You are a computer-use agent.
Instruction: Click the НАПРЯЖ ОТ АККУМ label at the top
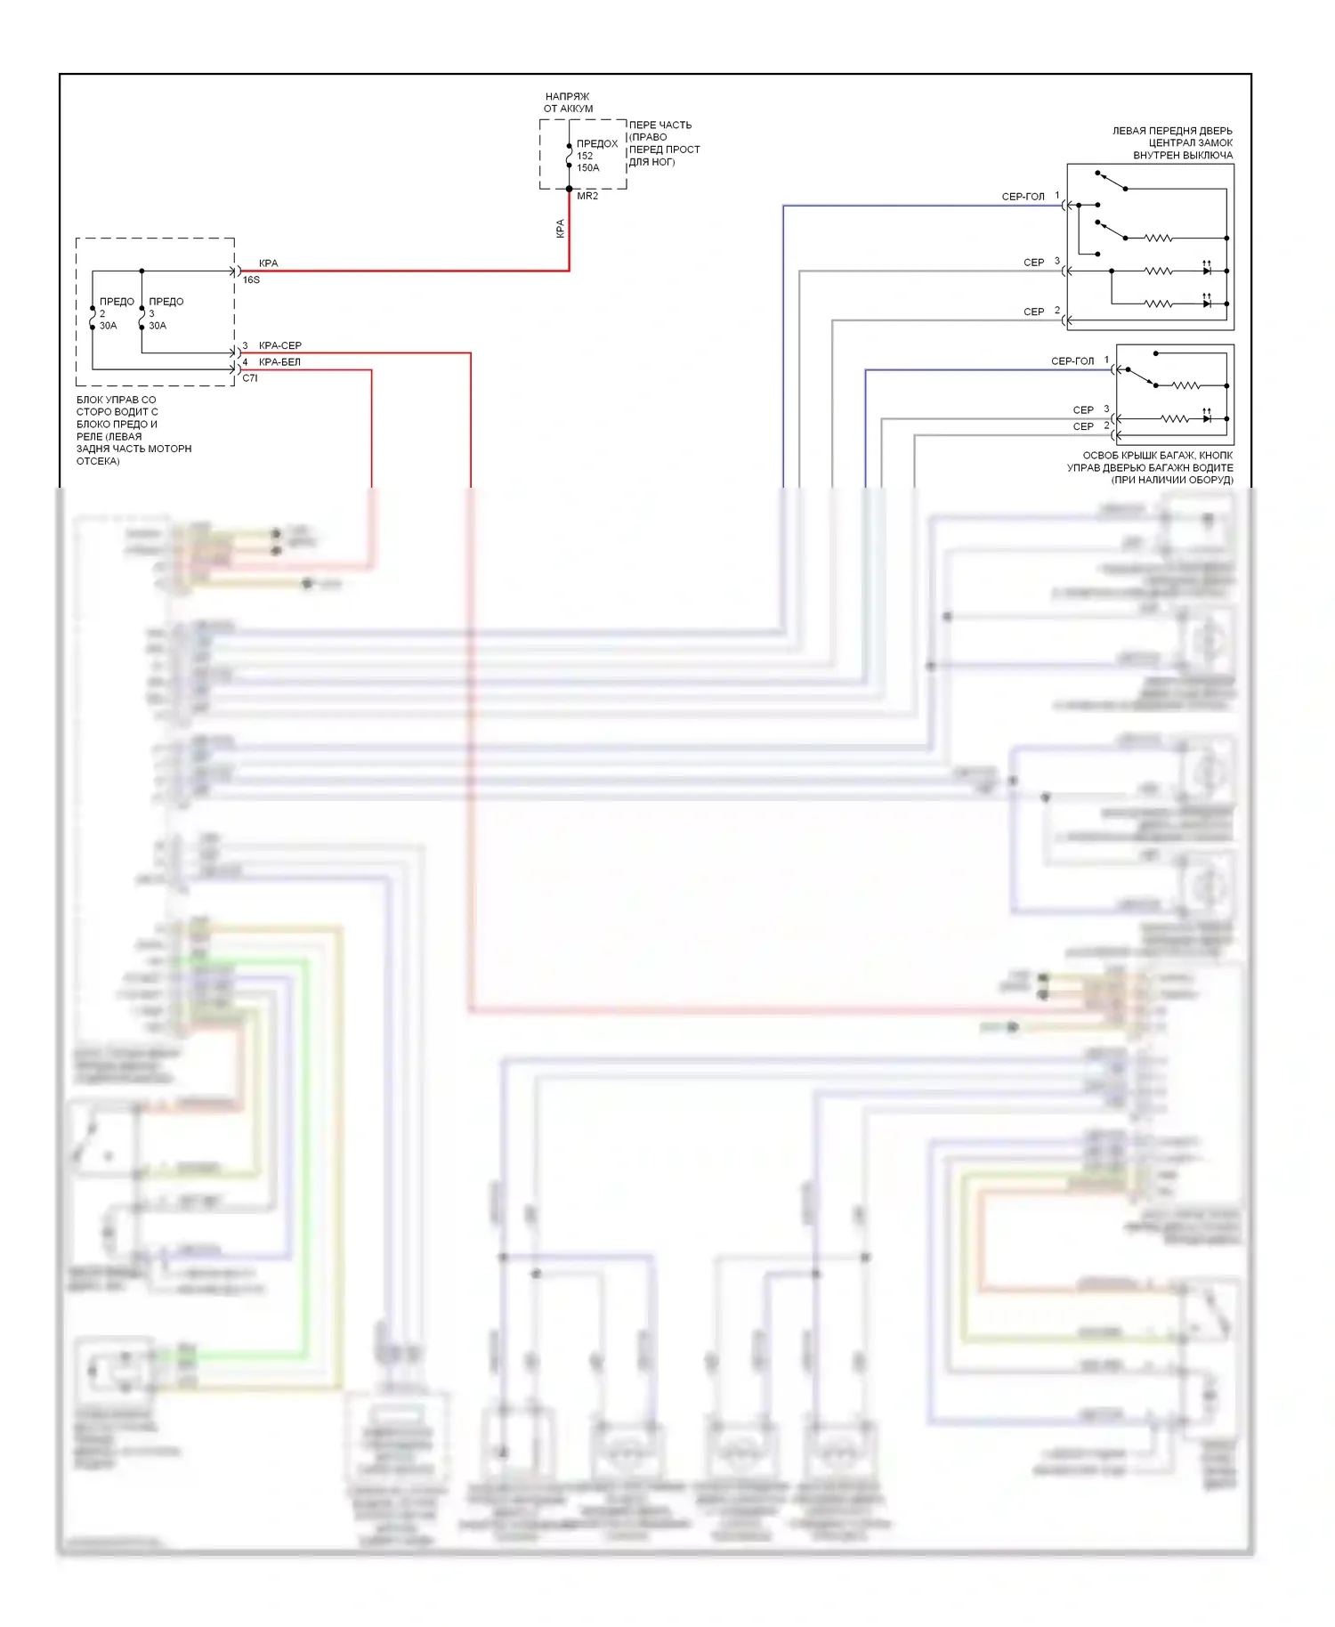tap(568, 102)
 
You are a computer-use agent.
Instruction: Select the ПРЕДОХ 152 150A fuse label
tap(595, 155)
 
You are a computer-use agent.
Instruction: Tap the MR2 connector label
tap(587, 196)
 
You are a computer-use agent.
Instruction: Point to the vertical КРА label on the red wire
tap(560, 229)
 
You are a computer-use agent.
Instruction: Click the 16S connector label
tap(251, 279)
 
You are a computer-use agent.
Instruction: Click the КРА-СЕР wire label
tap(279, 345)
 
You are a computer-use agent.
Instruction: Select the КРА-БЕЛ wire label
tap(279, 362)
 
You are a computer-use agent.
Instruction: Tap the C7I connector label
tap(250, 378)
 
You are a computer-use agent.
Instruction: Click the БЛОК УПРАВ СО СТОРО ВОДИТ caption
tap(133, 430)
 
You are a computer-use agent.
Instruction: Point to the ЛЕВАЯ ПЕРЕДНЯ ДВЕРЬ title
tap(1172, 142)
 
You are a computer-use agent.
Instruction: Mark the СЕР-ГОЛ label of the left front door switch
tap(1023, 197)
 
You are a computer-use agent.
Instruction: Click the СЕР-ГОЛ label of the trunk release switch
tap(1072, 361)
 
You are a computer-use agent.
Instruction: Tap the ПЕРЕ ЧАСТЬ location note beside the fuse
tap(663, 143)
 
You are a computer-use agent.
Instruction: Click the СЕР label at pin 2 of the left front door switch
tap(1033, 312)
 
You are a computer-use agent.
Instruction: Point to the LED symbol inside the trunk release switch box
tap(1207, 417)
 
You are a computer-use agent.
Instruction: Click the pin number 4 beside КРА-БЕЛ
tap(246, 362)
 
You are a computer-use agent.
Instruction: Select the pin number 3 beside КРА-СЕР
tap(246, 345)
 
